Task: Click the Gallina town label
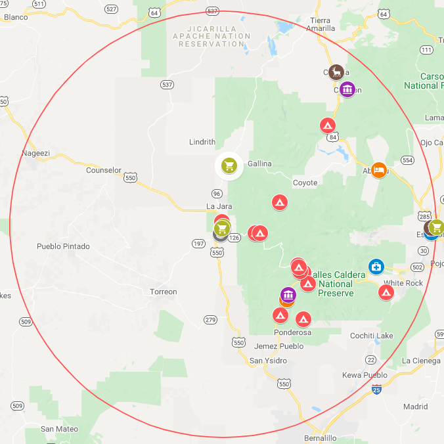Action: coord(259,164)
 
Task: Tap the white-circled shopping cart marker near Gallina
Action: coord(229,166)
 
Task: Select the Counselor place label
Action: coord(104,170)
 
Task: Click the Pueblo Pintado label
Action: coord(63,247)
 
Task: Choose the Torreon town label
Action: coord(163,292)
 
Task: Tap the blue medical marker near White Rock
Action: coord(376,266)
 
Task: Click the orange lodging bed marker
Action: coord(379,170)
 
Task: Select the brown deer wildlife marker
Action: coord(337,72)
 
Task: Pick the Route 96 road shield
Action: coord(217,193)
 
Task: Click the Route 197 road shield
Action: coord(198,244)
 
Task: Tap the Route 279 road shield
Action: coord(210,320)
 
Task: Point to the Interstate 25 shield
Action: coord(376,390)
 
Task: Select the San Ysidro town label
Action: coord(268,361)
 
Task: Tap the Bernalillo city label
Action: coord(320,437)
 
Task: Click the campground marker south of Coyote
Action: coord(280,202)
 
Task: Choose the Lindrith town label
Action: coord(202,142)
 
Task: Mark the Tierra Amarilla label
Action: coord(321,24)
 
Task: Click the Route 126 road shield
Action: coord(234,237)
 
